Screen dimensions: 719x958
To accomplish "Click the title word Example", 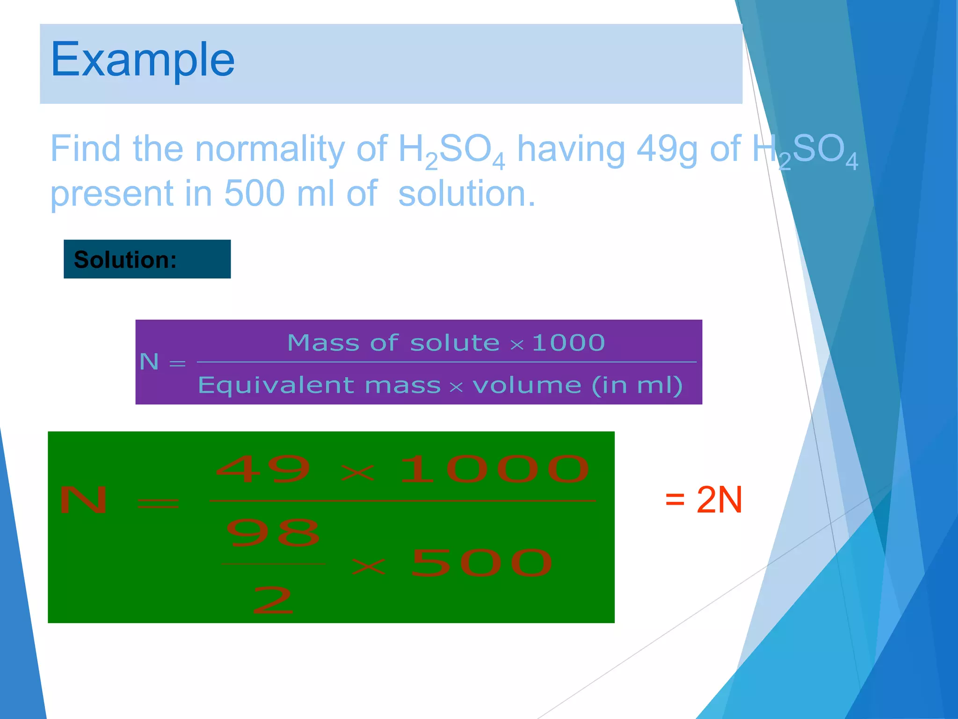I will (143, 60).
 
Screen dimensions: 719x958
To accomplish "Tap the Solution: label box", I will (147, 259).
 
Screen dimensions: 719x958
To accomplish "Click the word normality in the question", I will (269, 149).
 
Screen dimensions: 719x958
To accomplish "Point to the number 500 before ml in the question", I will (254, 193).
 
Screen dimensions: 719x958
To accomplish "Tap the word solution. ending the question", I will (466, 194).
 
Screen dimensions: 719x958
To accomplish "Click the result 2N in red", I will (719, 500).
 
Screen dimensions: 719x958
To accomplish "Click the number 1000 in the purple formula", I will (568, 343).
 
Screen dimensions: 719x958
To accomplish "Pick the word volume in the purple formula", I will (527, 386).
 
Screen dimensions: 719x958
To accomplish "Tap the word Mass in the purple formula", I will (323, 343).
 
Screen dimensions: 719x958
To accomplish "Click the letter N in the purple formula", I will (149, 362).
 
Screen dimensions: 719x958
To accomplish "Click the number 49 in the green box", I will (263, 469).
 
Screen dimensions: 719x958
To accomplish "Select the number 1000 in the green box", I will (494, 469).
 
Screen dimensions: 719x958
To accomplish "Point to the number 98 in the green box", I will (273, 533).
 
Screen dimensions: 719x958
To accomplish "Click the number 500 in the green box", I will (482, 563).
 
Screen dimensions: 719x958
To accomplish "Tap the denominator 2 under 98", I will (273, 600).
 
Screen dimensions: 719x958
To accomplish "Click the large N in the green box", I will (84, 500).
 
